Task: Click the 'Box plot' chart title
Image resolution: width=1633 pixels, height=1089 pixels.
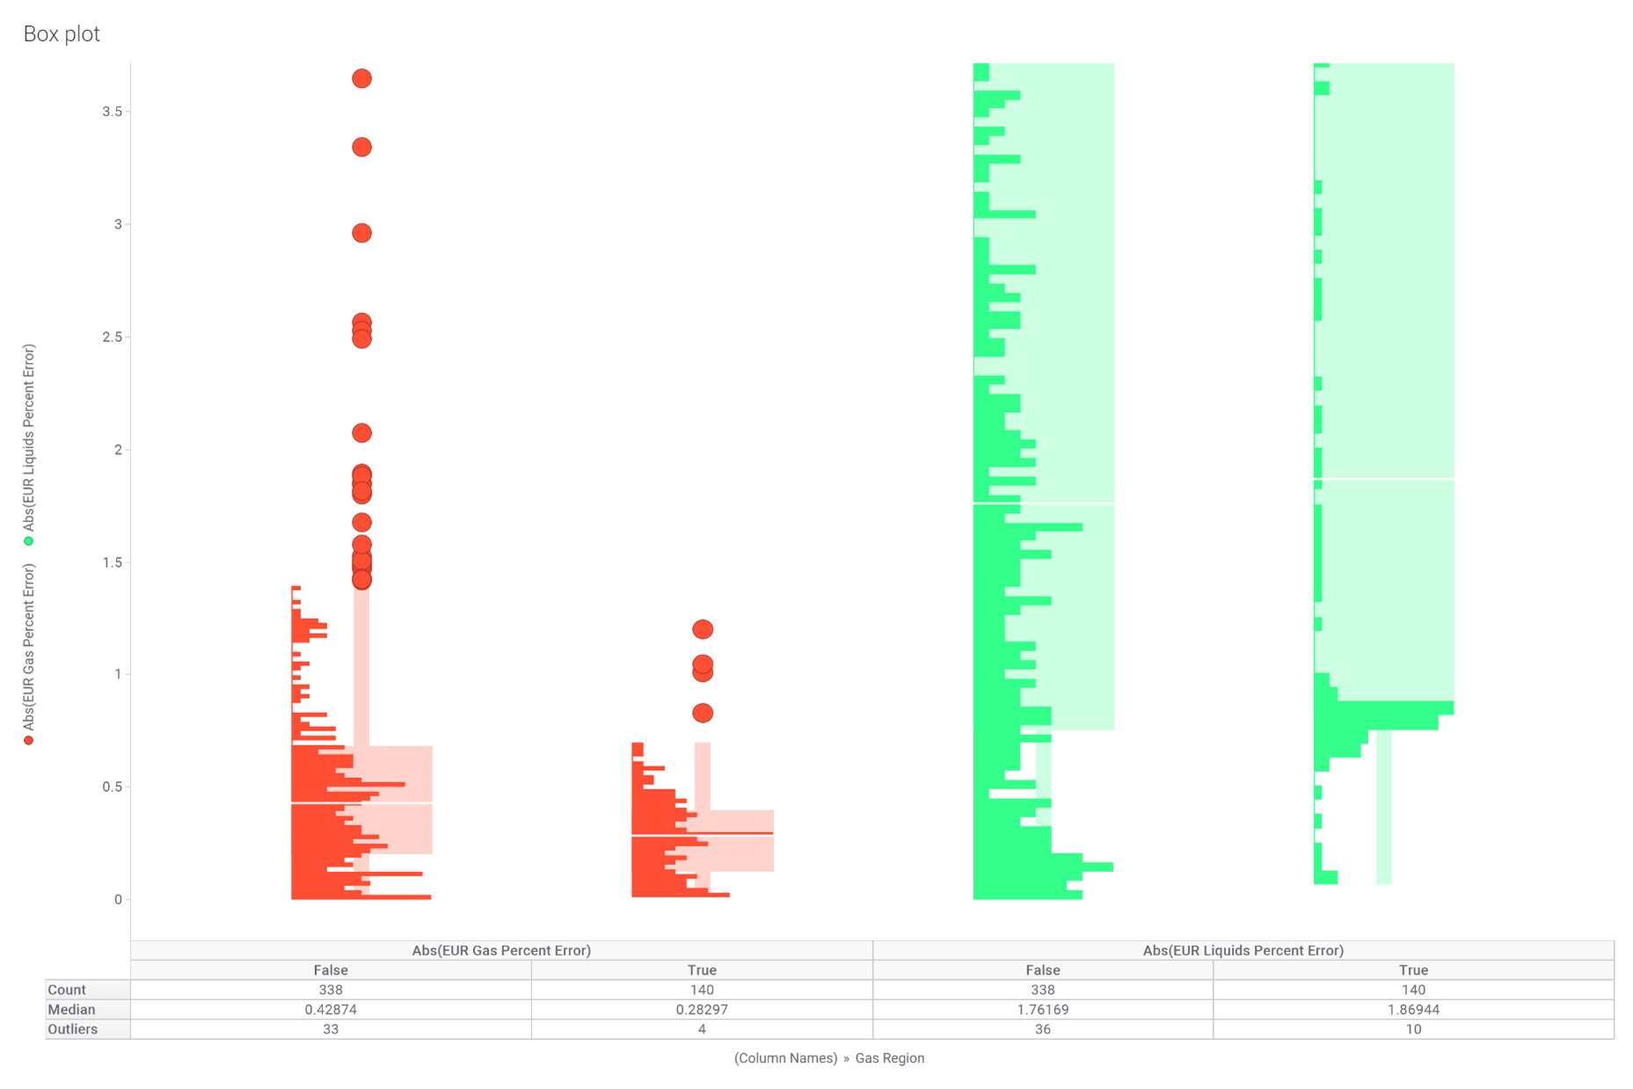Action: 62,34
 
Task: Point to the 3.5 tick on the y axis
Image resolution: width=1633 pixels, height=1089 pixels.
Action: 112,112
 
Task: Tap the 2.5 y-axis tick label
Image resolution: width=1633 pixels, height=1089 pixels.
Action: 112,338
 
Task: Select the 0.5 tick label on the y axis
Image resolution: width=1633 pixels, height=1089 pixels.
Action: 112,787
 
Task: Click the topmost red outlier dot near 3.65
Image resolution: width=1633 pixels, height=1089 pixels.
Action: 361,79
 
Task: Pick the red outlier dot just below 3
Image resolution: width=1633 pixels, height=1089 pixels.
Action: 361,233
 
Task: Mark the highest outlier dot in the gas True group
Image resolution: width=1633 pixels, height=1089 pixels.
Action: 702,629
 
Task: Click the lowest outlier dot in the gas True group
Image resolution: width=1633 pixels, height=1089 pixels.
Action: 702,713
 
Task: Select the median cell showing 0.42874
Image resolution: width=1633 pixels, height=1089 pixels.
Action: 331,1010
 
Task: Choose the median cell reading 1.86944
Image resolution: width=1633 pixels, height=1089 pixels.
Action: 1413,1010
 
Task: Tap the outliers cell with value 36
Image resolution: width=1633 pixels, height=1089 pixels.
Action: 1042,1029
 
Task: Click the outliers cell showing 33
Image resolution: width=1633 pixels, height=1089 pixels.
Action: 331,1029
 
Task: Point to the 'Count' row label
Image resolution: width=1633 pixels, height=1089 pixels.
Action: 67,990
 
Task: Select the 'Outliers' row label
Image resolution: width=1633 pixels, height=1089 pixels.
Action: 73,1029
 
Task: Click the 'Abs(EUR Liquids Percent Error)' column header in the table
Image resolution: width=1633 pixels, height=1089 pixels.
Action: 1243,950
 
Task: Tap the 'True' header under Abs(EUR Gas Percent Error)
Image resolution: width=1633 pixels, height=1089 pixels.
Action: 702,970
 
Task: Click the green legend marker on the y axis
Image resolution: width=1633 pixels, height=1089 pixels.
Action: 29,541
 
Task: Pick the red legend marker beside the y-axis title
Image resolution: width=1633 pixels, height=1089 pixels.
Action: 29,741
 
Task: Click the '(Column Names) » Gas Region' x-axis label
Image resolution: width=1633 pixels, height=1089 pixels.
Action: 828,1058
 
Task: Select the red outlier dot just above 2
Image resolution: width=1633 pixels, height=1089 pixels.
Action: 361,432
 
